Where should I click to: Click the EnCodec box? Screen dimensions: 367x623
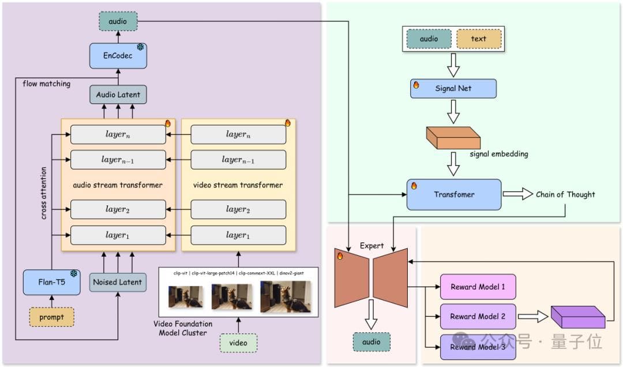pos(117,55)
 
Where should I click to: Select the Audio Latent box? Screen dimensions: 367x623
pos(118,95)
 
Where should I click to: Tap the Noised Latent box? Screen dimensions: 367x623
pos(118,282)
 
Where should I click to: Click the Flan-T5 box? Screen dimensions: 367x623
pos(51,282)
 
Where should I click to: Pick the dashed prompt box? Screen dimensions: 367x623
pos(51,317)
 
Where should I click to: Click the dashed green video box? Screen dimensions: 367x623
pos(238,343)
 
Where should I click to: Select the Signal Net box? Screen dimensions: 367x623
pos(453,89)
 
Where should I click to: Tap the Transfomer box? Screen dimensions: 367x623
pos(453,194)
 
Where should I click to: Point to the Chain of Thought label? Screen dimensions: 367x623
pos(565,194)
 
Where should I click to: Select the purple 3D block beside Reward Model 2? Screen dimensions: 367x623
pos(577,317)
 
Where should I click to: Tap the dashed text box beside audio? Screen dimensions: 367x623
pos(479,39)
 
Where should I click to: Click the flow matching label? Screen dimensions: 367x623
pos(46,84)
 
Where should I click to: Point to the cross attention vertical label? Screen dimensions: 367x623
pos(44,193)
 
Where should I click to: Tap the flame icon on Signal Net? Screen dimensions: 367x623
pos(416,85)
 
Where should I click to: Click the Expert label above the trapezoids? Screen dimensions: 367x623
pos(371,246)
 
